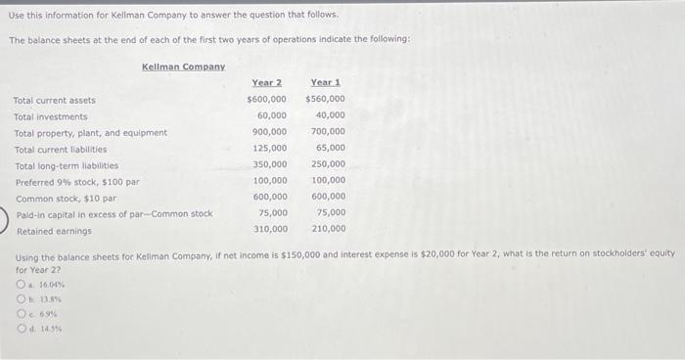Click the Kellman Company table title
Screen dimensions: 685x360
[x=183, y=67]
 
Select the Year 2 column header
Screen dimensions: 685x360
[x=266, y=83]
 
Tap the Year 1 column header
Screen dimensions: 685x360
[x=325, y=83]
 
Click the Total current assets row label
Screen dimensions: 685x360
[x=55, y=100]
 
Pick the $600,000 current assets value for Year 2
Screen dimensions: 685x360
[x=266, y=99]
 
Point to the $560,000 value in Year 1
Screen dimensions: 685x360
[x=325, y=99]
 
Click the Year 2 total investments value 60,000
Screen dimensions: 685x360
[x=271, y=115]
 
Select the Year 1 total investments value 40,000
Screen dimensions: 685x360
[x=330, y=115]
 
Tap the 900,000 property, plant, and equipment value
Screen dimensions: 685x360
[x=269, y=131]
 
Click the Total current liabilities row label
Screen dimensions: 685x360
[x=61, y=150]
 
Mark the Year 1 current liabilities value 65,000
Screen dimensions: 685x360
[x=330, y=148]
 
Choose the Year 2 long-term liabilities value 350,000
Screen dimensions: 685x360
[x=269, y=164]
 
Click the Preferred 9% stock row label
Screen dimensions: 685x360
[x=77, y=182]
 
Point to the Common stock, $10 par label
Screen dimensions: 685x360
[x=66, y=199]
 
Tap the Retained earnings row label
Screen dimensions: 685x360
[x=53, y=231]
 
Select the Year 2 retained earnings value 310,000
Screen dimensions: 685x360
[x=269, y=229]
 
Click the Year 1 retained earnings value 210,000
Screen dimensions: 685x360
[x=328, y=229]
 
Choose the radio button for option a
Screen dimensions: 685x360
[x=20, y=285]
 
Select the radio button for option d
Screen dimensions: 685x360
[x=20, y=329]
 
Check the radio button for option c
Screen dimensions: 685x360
[x=20, y=314]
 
